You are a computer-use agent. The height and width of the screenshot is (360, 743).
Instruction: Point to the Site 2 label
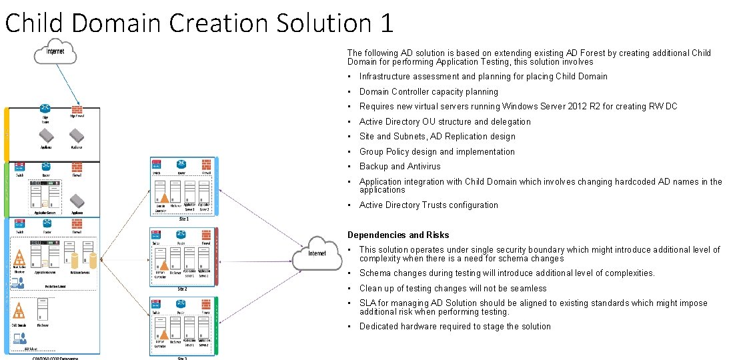point(183,289)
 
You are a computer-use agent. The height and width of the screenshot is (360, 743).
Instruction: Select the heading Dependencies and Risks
point(398,235)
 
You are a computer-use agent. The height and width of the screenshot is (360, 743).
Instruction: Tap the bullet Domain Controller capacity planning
point(428,91)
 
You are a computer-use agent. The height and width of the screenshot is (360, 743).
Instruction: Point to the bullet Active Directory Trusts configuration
point(428,205)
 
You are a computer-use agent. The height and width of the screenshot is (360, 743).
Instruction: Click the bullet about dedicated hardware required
point(455,326)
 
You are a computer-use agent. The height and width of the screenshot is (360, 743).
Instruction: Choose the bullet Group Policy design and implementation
point(437,151)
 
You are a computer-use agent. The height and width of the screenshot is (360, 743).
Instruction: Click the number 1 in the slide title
point(386,23)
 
